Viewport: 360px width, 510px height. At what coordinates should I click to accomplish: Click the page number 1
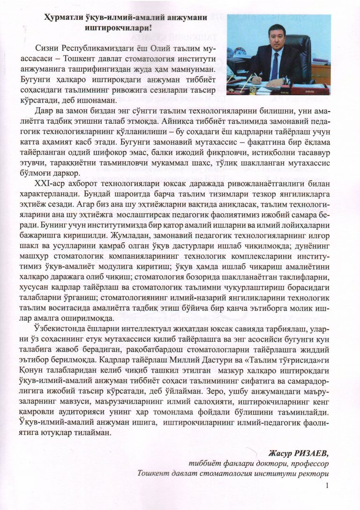327,486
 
